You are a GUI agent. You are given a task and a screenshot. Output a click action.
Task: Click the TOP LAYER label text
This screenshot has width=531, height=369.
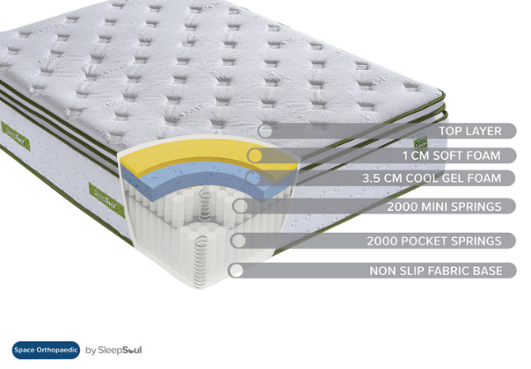tap(470, 131)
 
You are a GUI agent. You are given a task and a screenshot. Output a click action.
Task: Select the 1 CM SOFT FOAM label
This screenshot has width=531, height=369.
tap(451, 156)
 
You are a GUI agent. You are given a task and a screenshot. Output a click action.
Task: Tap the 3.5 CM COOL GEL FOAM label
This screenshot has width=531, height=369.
tap(432, 178)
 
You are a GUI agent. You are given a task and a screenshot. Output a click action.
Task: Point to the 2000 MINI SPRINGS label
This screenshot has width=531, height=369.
tap(444, 206)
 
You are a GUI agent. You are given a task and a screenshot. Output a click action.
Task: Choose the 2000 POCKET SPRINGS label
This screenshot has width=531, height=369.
tap(434, 241)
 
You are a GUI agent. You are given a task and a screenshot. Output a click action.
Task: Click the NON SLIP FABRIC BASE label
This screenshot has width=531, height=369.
tap(436, 271)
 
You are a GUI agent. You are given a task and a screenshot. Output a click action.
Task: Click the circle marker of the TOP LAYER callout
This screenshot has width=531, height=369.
tap(265, 131)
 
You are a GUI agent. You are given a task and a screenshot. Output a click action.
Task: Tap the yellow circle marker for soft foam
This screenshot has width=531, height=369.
tap(255, 156)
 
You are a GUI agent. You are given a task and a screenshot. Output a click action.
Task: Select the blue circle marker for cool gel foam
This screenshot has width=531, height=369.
tap(253, 178)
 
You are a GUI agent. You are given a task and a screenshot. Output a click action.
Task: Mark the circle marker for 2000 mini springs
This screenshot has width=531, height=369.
tap(240, 206)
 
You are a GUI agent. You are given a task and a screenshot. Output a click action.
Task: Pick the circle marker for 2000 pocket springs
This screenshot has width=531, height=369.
tap(238, 241)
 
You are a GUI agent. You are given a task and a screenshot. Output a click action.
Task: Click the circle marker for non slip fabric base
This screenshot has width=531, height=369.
tap(236, 271)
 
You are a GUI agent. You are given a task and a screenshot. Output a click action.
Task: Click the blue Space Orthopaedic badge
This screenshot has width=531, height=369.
tap(46, 350)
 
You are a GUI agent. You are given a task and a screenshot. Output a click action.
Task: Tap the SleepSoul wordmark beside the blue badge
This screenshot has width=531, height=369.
tap(120, 350)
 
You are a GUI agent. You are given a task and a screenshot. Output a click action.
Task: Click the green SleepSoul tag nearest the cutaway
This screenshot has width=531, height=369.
tap(106, 199)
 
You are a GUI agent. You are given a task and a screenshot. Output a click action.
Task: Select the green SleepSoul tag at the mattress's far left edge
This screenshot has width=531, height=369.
tap(16, 136)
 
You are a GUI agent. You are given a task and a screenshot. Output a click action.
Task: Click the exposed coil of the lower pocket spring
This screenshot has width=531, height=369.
tap(200, 261)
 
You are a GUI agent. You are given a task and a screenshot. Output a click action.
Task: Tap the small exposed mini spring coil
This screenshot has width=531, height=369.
tap(204, 206)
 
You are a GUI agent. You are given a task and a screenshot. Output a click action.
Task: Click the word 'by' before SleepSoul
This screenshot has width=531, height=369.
tap(91, 351)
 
